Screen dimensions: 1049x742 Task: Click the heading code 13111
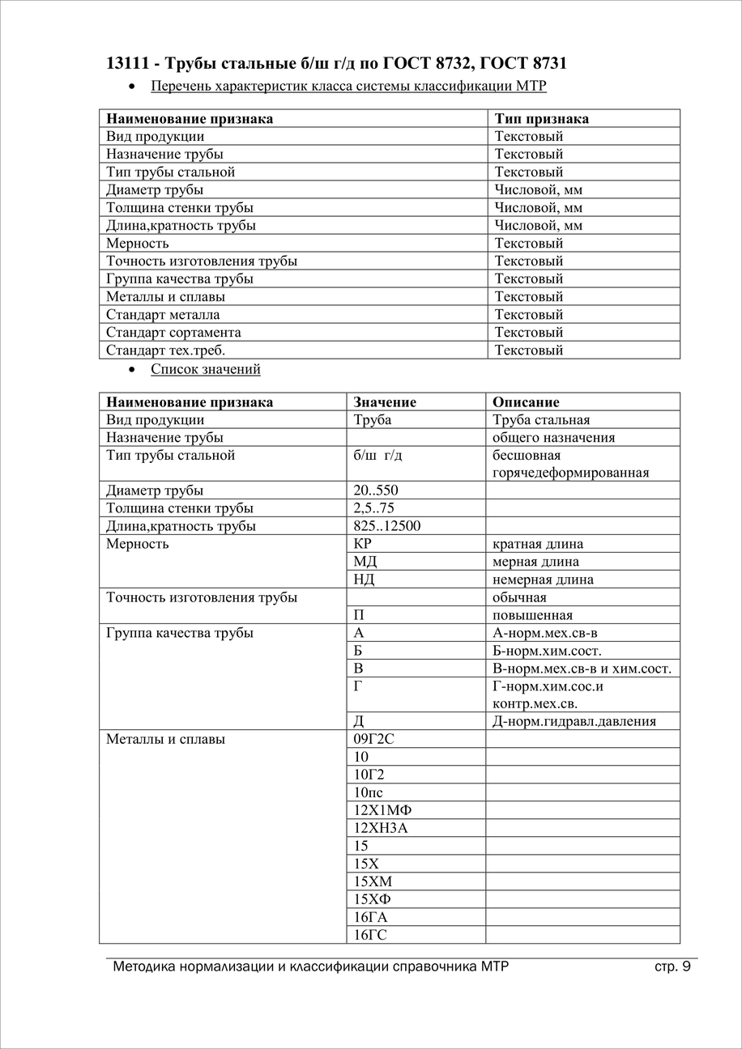click(x=126, y=62)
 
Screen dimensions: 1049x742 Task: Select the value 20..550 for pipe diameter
click(x=376, y=491)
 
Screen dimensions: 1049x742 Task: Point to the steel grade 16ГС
click(x=370, y=935)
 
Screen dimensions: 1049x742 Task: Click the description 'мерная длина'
click(x=535, y=562)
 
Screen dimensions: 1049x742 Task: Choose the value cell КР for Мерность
click(x=363, y=544)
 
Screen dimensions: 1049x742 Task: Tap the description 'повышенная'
click(x=532, y=615)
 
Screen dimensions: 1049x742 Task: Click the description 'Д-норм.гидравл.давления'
click(x=574, y=721)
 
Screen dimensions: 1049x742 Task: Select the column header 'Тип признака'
click(x=541, y=119)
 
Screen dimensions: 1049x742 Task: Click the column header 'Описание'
click(x=525, y=402)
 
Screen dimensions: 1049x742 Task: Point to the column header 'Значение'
click(x=385, y=402)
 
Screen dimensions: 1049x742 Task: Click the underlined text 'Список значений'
click(x=205, y=369)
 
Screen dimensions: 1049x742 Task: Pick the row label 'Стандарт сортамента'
click(x=173, y=333)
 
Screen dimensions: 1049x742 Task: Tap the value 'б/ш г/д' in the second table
click(x=377, y=456)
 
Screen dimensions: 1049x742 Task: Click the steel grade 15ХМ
click(x=373, y=881)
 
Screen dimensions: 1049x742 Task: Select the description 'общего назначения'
click(x=553, y=438)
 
